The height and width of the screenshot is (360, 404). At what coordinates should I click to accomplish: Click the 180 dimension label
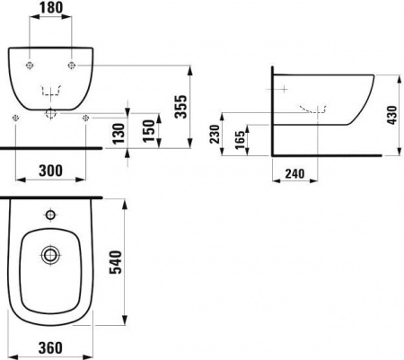51,7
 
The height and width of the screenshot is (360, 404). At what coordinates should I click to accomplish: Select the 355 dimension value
180,107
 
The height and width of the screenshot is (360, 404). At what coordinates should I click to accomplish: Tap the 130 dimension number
119,133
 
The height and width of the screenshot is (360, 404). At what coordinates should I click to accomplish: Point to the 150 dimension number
148,130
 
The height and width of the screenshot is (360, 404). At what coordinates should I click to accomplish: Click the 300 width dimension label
51,171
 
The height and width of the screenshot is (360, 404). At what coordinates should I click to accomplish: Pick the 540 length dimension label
116,262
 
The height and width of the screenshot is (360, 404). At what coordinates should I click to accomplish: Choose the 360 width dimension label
51,348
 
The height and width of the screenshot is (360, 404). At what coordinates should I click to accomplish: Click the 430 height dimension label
391,115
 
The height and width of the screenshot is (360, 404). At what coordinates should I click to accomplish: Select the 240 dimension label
294,173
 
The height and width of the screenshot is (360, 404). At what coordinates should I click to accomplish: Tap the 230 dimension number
215,134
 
